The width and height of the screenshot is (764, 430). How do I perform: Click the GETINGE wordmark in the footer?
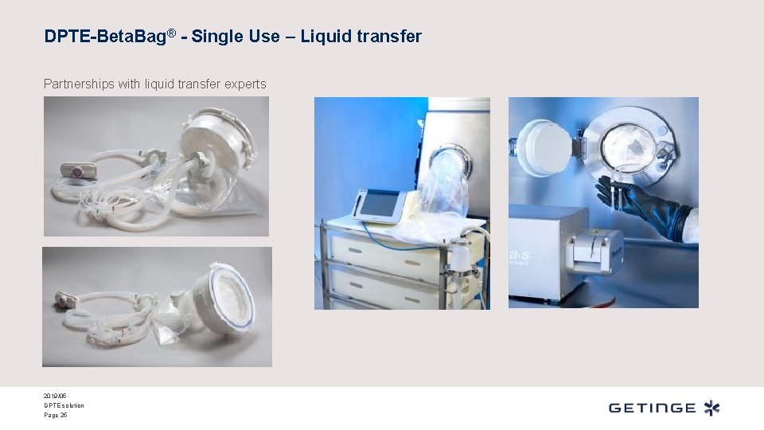click(x=652, y=408)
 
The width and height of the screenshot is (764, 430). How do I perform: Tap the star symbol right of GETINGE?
click(x=711, y=408)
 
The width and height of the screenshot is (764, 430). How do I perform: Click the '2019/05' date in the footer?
click(x=53, y=396)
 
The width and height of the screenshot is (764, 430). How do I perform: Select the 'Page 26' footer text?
click(x=56, y=415)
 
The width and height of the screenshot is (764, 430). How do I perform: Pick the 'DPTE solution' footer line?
click(x=64, y=405)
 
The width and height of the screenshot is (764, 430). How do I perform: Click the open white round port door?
click(x=545, y=149)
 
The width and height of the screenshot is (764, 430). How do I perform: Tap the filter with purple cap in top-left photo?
click(x=78, y=170)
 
